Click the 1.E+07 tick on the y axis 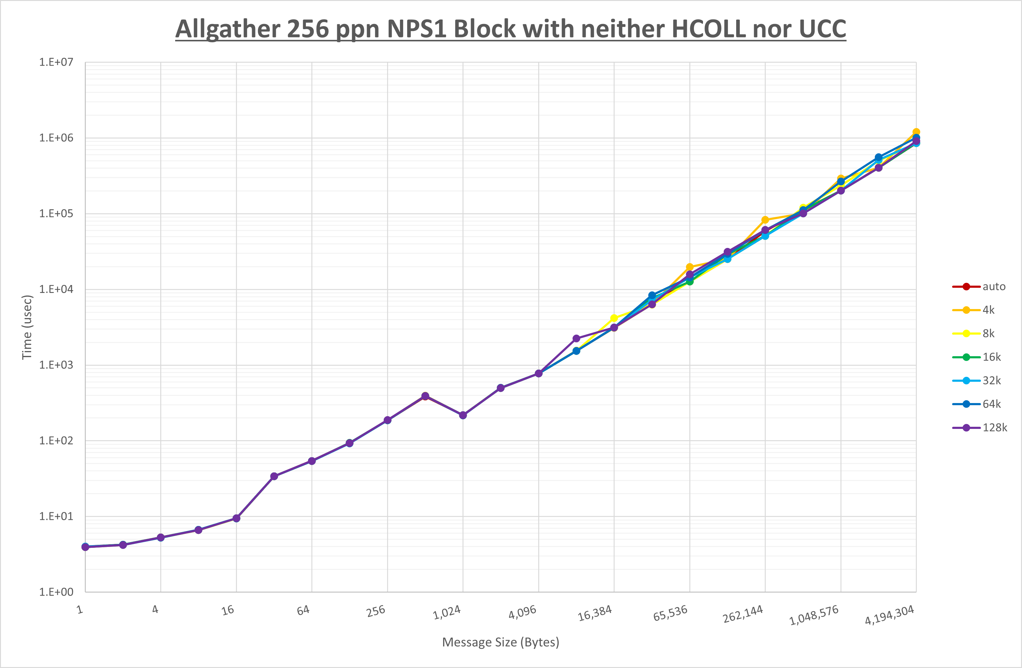[x=56, y=62]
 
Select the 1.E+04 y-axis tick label [x=56, y=290]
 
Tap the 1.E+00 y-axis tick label [x=56, y=592]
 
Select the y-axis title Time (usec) [x=27, y=327]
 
